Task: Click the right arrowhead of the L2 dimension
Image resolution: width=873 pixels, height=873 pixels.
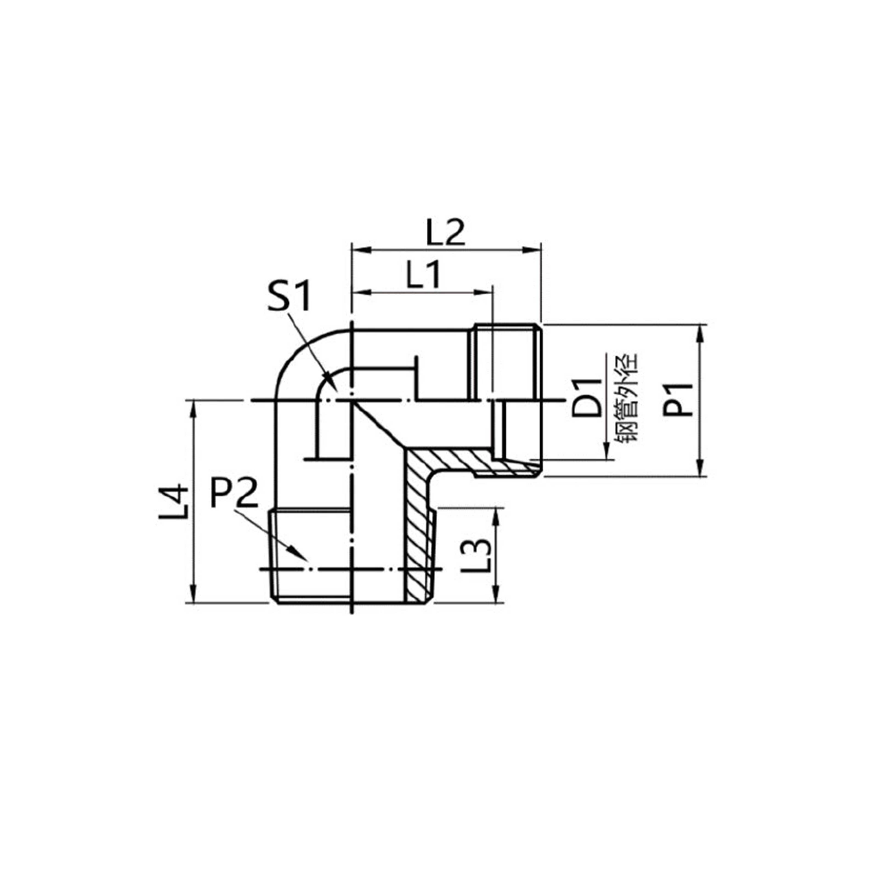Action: [x=533, y=250]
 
